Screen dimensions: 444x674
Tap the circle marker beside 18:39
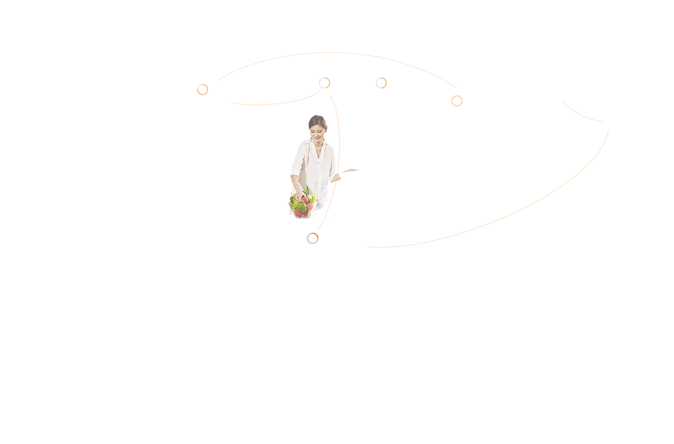pos(203,90)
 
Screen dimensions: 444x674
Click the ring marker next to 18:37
pos(324,83)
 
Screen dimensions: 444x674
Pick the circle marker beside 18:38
pos(381,83)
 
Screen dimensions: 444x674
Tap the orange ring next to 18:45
pos(457,101)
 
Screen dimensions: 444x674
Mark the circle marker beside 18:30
pos(312,238)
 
